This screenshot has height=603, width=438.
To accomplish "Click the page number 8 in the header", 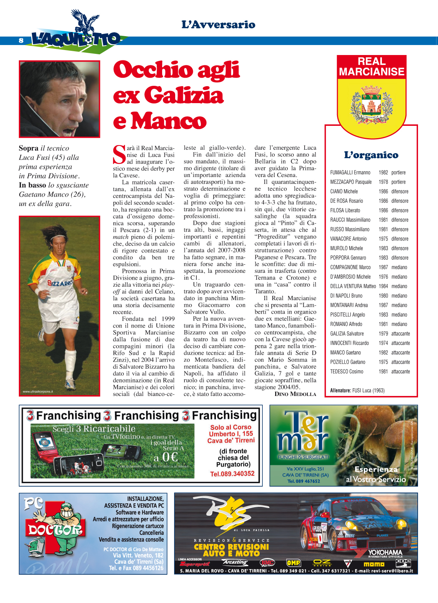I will (x=21, y=40).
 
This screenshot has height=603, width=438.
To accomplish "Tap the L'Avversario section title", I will (x=218, y=25).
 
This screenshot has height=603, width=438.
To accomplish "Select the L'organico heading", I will (x=371, y=155).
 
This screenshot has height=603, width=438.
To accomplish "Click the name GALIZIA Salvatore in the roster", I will (x=347, y=334).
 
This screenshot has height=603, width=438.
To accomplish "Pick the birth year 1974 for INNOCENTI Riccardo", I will (x=383, y=343).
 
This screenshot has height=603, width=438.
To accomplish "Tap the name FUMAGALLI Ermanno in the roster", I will (x=350, y=173).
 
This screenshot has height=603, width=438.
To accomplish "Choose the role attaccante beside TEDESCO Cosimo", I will (x=400, y=372).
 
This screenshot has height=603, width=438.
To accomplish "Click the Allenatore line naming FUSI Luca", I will (x=357, y=391).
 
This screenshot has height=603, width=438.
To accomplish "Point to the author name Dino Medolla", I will (x=295, y=394).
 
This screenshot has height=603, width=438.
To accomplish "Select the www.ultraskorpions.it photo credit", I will (x=38, y=392).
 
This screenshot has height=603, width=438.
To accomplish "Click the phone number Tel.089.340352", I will (x=232, y=474).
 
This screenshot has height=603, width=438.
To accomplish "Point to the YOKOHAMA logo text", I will (x=385, y=553).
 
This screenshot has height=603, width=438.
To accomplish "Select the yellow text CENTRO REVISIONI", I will (x=231, y=547).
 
